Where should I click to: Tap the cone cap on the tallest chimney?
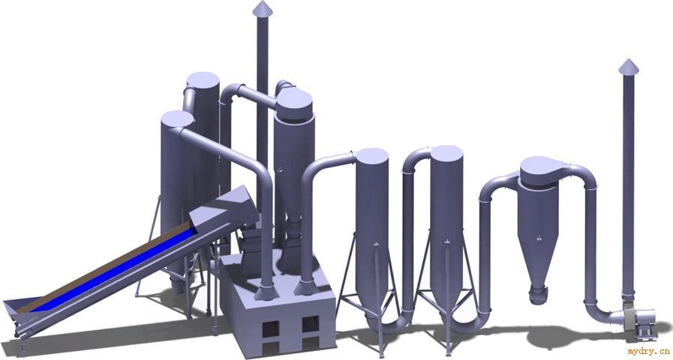262,7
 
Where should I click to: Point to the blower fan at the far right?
635,319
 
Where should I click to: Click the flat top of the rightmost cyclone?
540,166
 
